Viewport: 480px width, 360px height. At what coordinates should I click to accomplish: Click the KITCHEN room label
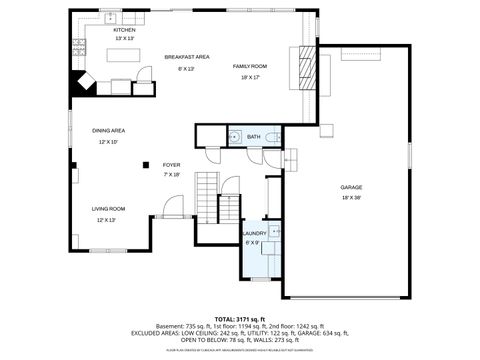124,30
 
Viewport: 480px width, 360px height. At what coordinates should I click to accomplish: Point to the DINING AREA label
108,131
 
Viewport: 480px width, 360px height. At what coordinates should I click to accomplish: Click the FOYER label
171,165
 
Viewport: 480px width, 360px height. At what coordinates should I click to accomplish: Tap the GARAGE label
350,187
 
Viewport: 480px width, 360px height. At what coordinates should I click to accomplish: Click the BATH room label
253,137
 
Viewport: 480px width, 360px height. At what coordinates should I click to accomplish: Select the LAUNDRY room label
255,233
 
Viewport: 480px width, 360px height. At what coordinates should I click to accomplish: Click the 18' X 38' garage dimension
350,198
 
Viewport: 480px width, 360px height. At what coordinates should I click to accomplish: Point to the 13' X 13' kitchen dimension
124,39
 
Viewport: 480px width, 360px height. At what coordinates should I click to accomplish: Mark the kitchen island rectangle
122,59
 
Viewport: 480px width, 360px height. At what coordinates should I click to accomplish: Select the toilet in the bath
270,137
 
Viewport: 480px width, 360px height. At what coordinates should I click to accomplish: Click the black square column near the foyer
145,165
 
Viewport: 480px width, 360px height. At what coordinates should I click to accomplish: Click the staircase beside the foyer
206,196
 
